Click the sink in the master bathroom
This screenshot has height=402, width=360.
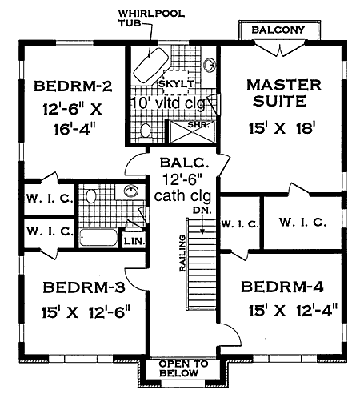click(210, 66)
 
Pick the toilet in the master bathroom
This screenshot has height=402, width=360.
click(146, 130)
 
